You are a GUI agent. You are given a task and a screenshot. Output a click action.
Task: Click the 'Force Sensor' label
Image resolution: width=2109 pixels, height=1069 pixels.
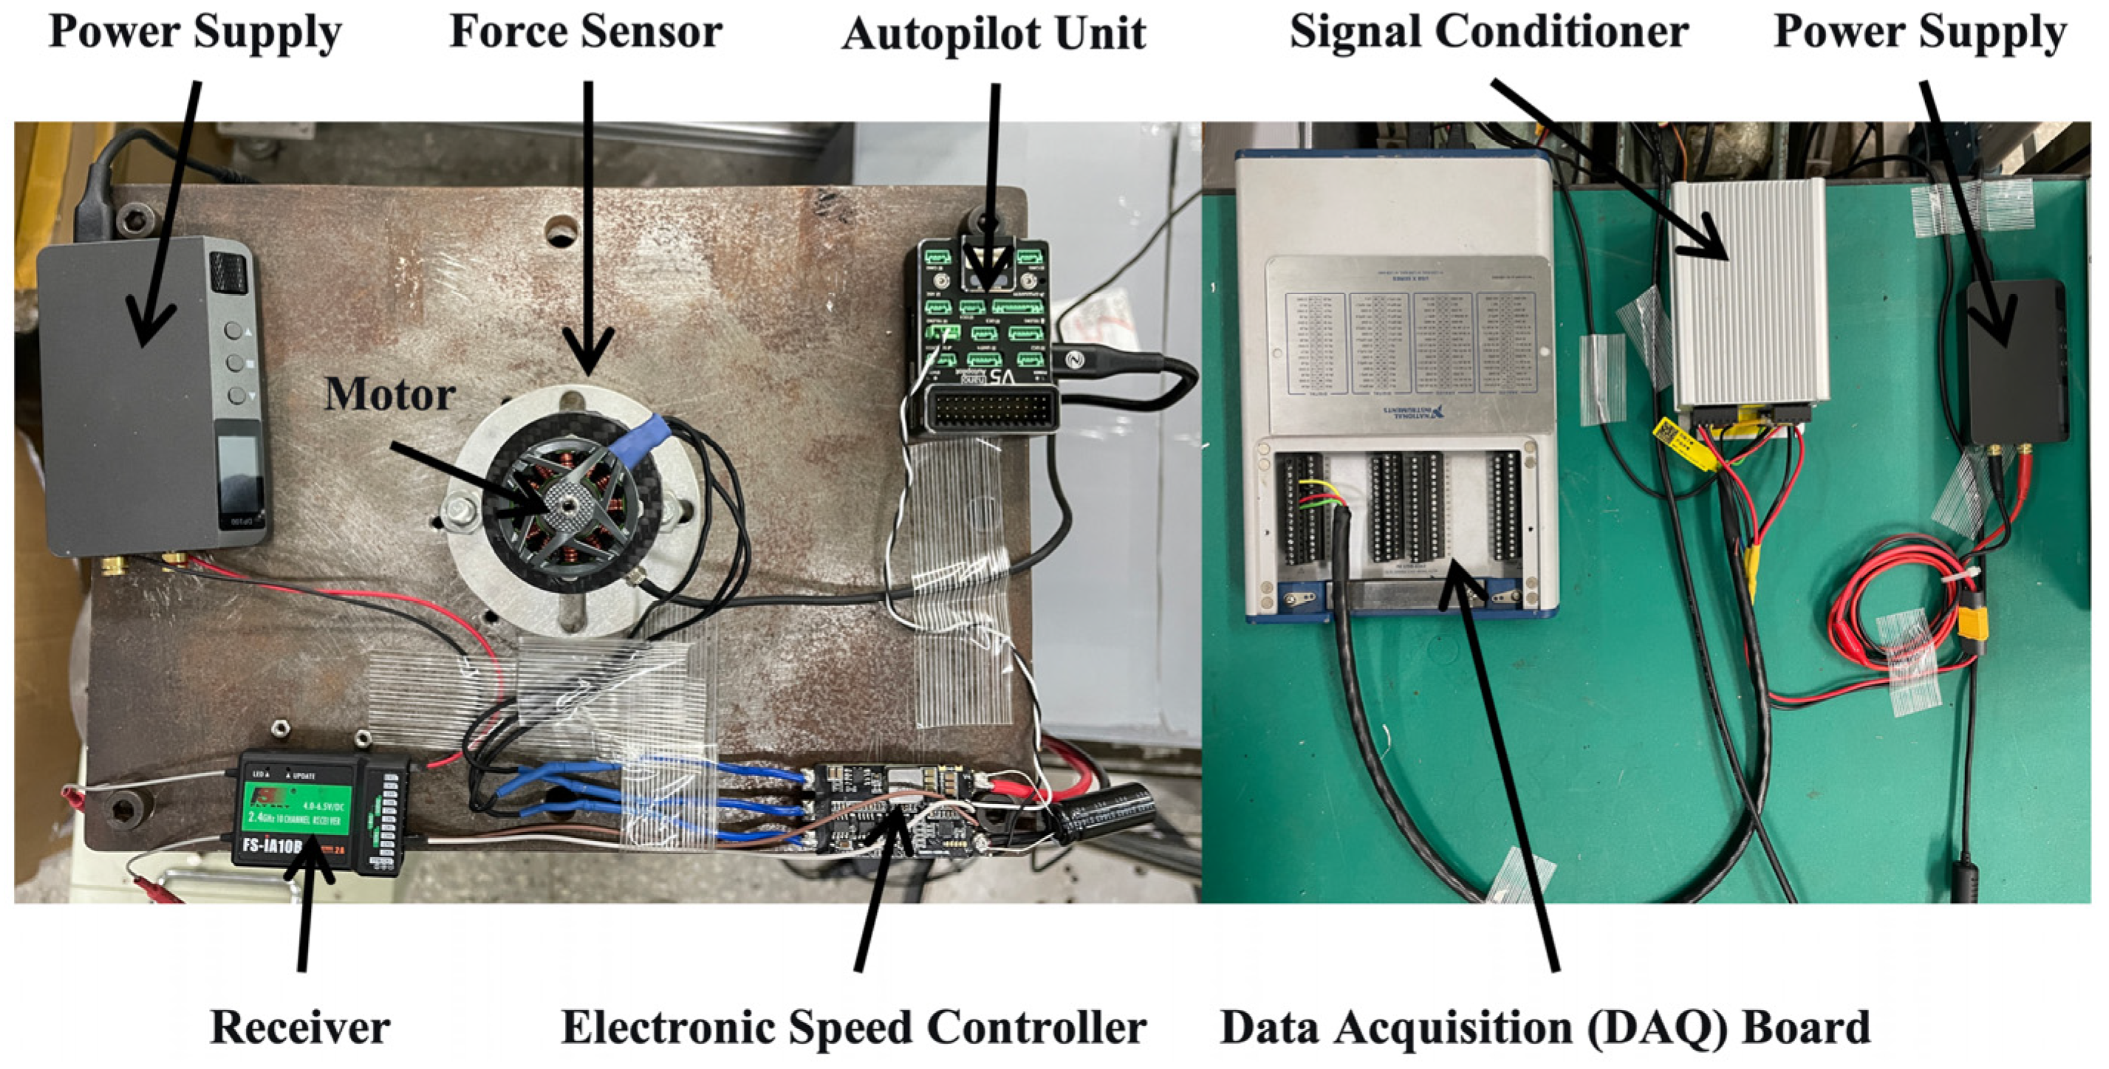(x=585, y=32)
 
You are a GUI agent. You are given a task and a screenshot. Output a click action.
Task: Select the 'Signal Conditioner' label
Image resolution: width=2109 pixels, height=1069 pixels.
(x=1488, y=32)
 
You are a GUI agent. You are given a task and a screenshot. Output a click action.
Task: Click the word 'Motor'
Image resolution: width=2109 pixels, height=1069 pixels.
(x=390, y=394)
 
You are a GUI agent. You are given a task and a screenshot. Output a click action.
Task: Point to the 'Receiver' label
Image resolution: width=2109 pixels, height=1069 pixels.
(x=300, y=1027)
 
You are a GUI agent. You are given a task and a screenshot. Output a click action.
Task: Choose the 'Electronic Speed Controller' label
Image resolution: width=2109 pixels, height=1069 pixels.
(x=853, y=1027)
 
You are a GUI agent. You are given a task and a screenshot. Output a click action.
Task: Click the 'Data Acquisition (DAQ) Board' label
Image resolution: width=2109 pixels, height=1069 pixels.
(x=1545, y=1027)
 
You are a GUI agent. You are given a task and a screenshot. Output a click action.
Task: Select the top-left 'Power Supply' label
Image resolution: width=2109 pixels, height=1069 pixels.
(x=195, y=32)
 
